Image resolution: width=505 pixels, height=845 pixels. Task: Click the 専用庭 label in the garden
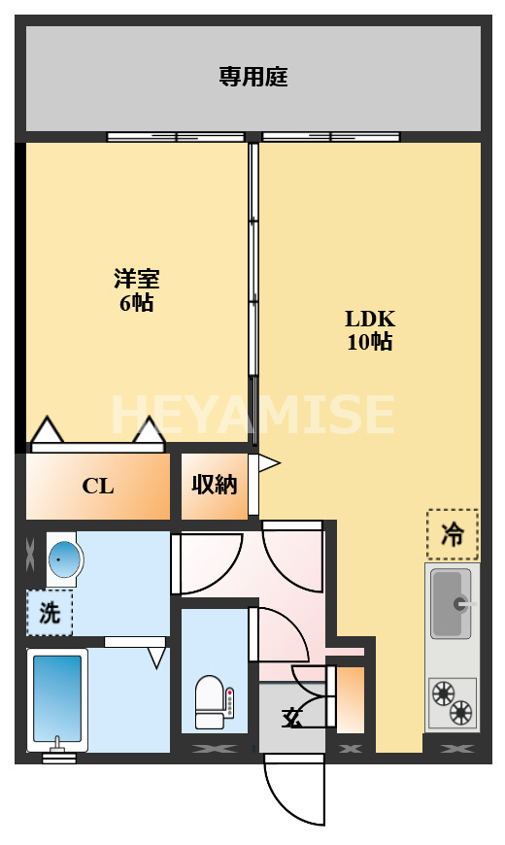point(252,77)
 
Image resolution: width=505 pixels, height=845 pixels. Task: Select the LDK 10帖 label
point(370,330)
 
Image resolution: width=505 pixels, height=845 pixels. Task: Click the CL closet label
point(97,487)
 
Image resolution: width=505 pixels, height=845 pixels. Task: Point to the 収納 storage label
point(214,485)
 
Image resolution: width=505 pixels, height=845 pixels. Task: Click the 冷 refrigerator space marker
point(452,535)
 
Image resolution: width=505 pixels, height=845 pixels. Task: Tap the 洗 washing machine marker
point(49,613)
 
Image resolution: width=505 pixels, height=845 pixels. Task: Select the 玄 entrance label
point(290,719)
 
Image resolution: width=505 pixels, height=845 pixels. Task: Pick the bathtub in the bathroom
point(58,697)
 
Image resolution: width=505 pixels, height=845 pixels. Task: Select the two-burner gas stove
point(453,702)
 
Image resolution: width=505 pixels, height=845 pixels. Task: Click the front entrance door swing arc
point(293,792)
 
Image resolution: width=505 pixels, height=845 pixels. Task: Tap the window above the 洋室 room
point(175,137)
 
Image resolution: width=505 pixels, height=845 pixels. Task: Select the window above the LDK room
point(330,137)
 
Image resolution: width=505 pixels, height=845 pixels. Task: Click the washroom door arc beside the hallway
point(209,563)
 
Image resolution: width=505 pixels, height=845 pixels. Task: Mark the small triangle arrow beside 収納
point(268,464)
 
